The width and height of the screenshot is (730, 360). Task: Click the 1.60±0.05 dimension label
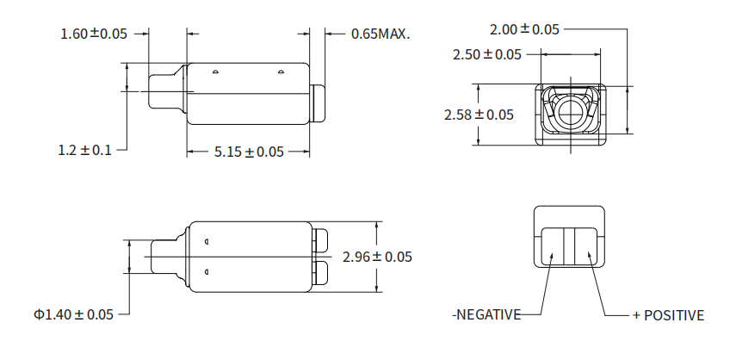(94, 34)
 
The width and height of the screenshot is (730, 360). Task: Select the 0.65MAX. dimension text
(380, 34)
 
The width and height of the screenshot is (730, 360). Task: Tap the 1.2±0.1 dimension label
(84, 150)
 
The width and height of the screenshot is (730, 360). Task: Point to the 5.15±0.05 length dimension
(249, 152)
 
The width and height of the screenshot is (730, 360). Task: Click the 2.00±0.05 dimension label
(524, 29)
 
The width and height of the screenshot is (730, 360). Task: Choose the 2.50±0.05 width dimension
(487, 54)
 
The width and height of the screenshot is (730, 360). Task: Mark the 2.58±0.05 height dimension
(479, 115)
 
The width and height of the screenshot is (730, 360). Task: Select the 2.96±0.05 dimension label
(377, 257)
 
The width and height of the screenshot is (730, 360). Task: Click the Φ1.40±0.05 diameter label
(73, 314)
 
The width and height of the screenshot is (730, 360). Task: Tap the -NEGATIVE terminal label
(486, 315)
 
